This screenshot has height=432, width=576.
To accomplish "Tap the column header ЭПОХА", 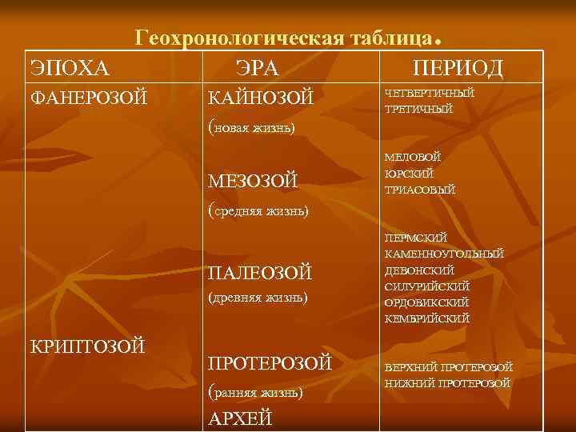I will pyautogui.click(x=69, y=67).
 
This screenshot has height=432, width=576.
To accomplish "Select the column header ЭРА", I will pyautogui.click(x=257, y=67).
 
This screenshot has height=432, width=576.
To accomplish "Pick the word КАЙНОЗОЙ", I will pyautogui.click(x=260, y=98).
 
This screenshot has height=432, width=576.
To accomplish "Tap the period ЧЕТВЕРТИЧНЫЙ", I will pyautogui.click(x=430, y=93).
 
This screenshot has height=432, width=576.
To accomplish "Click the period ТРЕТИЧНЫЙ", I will pyautogui.click(x=419, y=109).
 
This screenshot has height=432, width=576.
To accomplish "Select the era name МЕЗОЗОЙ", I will pyautogui.click(x=253, y=182).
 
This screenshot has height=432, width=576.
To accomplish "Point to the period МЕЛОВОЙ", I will pyautogui.click(x=413, y=158).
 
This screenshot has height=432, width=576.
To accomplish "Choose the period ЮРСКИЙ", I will pyautogui.click(x=409, y=174).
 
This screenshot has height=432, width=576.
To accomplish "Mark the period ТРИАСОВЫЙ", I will pyautogui.click(x=420, y=190).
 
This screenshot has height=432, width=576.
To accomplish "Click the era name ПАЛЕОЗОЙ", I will pyautogui.click(x=260, y=274).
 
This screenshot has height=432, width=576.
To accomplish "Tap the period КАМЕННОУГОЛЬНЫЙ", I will pyautogui.click(x=445, y=254).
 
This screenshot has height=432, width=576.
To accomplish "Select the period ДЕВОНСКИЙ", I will pyautogui.click(x=420, y=270).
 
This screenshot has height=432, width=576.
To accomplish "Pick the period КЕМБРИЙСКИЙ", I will pyautogui.click(x=427, y=318).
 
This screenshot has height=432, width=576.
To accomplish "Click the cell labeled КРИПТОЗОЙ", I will pyautogui.click(x=87, y=346).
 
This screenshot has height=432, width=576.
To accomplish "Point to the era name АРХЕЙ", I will pyautogui.click(x=240, y=418).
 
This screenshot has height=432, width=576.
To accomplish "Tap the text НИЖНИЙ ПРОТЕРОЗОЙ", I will pyautogui.click(x=448, y=383).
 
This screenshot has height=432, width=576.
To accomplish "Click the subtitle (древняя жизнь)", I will pyautogui.click(x=257, y=298).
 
